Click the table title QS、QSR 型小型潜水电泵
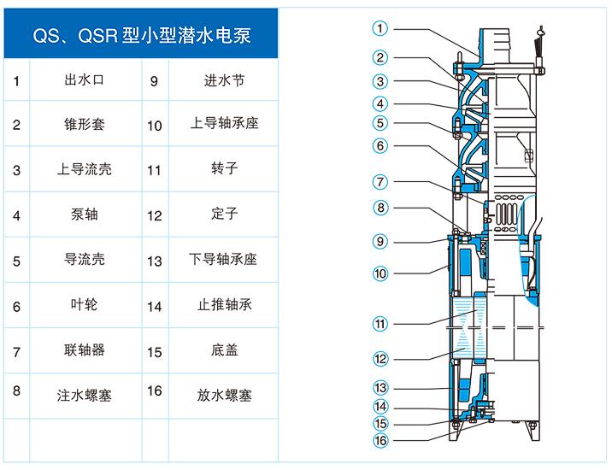click(141, 38)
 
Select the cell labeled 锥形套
click(84, 124)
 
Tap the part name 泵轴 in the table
click(84, 214)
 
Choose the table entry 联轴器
click(84, 350)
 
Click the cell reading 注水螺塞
click(84, 395)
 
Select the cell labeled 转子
click(223, 169)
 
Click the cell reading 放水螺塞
click(223, 395)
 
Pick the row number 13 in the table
click(154, 261)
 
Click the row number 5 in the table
click(16, 261)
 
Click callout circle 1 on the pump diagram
click(380, 28)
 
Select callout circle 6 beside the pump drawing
click(380, 146)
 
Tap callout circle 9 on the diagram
click(380, 242)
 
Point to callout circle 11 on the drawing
click(380, 324)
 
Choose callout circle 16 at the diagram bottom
click(380, 441)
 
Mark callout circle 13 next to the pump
click(380, 387)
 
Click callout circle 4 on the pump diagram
click(380, 103)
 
